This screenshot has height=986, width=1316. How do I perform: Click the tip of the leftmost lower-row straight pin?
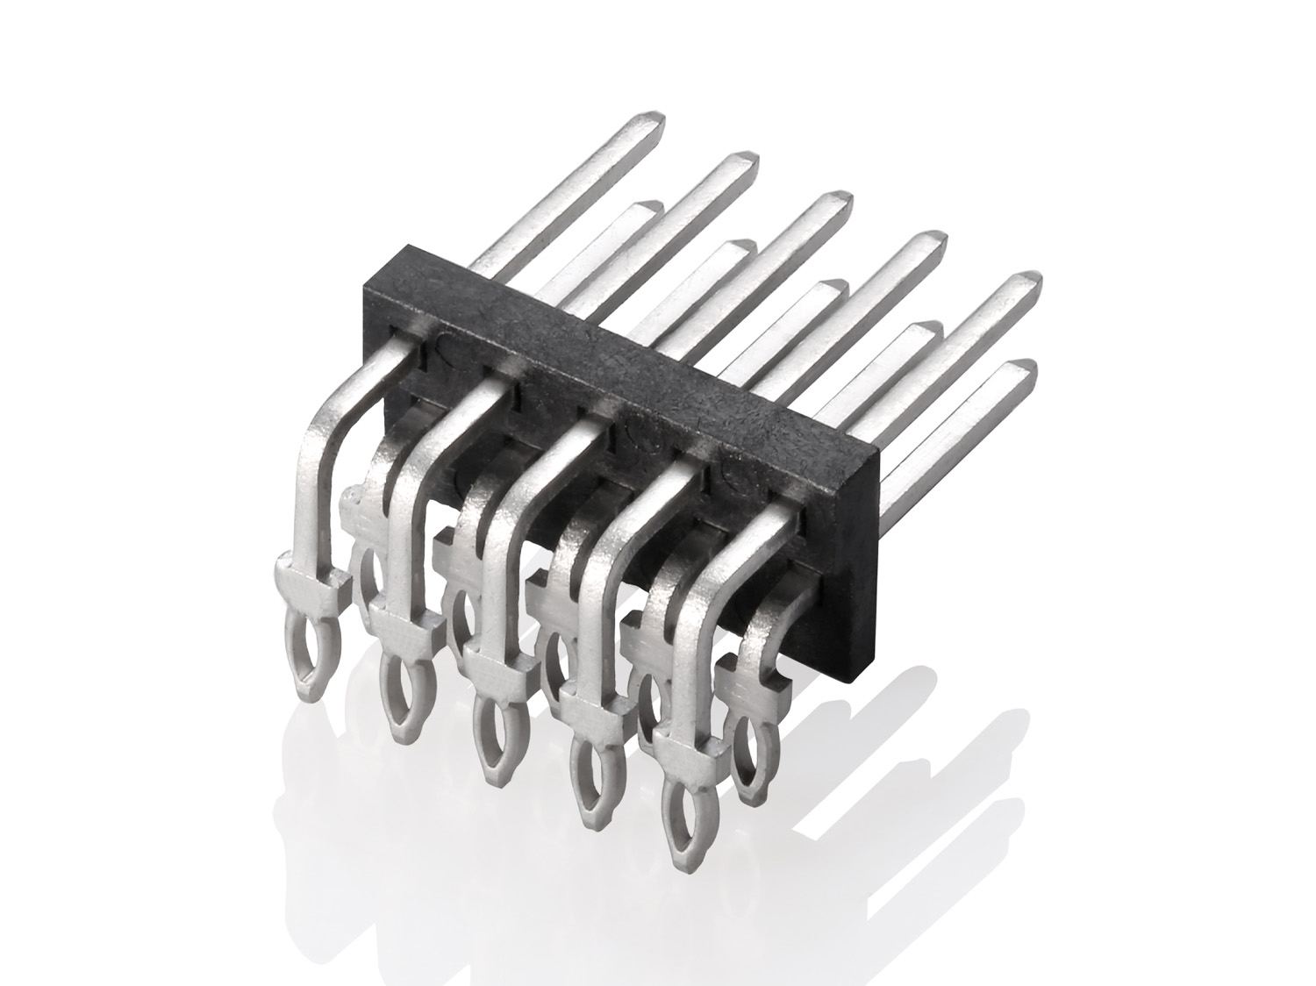650,208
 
